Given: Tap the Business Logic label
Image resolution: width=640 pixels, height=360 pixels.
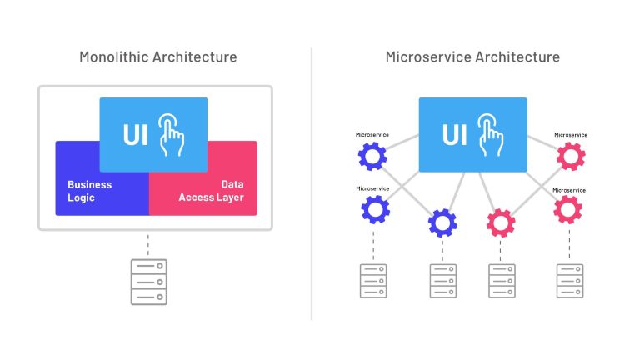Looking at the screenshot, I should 90,191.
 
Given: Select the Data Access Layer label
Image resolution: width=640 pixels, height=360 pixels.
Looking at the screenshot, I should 217,191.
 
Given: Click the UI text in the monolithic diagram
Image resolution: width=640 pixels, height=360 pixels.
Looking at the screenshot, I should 136,135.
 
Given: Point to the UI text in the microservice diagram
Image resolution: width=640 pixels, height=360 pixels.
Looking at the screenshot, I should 455,135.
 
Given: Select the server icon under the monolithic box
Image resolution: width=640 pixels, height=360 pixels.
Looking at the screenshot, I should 148,281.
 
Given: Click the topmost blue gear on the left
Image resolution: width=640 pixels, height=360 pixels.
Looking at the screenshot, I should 372,156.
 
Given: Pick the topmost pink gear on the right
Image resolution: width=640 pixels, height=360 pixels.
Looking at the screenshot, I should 571,156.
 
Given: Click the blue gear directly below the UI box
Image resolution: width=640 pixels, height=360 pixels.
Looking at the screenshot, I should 442,222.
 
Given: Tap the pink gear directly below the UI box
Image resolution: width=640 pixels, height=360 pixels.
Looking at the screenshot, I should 501,222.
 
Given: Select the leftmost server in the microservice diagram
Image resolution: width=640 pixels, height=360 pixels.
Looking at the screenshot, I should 372,281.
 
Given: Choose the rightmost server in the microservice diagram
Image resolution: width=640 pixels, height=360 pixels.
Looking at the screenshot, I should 571,281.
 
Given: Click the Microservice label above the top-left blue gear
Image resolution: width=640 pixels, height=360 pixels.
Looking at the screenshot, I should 372,134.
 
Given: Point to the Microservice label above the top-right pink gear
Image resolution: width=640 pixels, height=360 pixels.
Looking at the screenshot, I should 571,134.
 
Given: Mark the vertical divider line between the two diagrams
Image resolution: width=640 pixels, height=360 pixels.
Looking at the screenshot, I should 312,183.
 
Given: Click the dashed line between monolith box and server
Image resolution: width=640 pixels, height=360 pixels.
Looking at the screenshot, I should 148,244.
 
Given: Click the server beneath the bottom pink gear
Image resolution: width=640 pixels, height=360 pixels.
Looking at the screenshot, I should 501,281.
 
